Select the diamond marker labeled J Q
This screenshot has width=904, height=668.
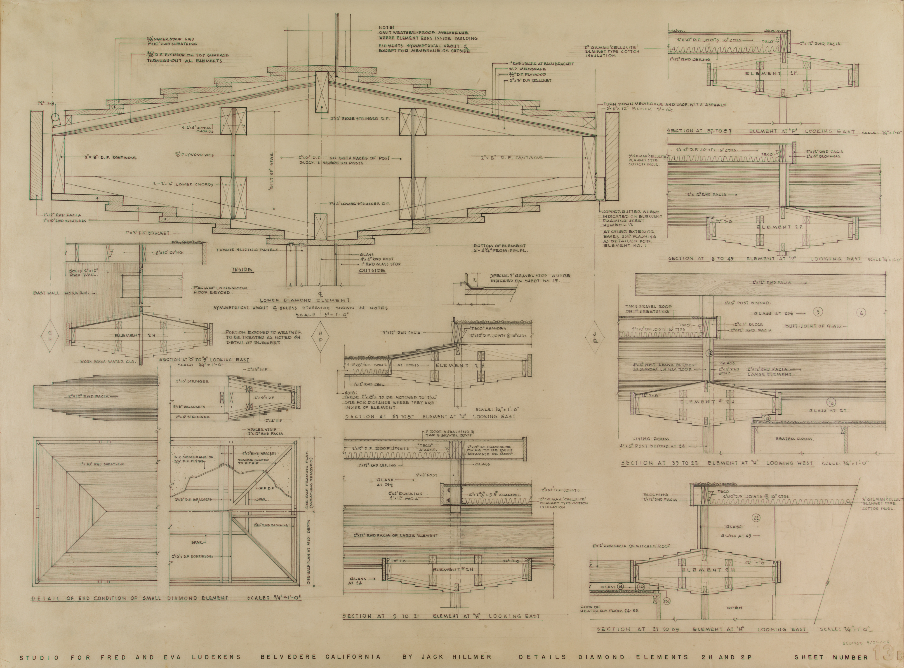595,335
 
